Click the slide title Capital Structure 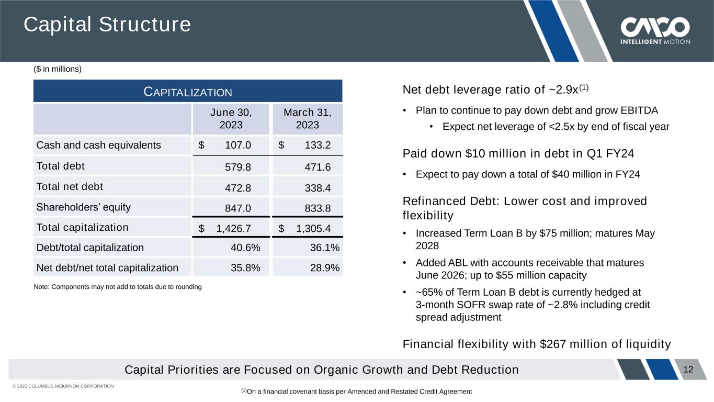107,25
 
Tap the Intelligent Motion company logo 655,31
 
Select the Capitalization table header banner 188,92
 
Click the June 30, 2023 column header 231,119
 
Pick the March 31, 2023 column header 307,119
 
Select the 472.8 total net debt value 237,187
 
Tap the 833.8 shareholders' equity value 318,208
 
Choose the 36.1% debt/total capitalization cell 324,248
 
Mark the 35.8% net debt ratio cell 245,268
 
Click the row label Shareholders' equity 83,207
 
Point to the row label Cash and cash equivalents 98,145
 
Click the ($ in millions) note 58,69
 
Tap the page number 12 688,370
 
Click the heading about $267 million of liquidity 536,344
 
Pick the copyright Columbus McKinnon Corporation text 63,386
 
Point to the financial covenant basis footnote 356,392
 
